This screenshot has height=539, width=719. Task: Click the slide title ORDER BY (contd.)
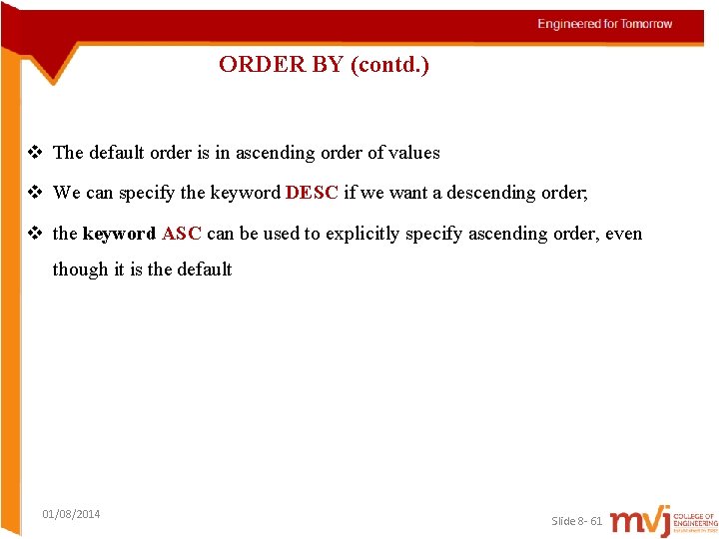(x=324, y=66)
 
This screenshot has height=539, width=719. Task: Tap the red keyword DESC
(x=312, y=193)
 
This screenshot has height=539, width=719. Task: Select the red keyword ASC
(x=182, y=234)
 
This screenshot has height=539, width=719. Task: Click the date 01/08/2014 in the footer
(x=71, y=514)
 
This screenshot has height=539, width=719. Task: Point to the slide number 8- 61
(x=584, y=521)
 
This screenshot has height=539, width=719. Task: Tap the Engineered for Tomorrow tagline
(x=605, y=24)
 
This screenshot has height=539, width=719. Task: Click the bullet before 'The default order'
(x=35, y=153)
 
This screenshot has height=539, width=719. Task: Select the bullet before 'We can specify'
(x=35, y=193)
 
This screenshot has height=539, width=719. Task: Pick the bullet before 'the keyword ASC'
(x=35, y=234)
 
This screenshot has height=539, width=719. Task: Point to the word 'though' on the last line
(x=80, y=269)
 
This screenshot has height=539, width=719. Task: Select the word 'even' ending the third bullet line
(x=624, y=234)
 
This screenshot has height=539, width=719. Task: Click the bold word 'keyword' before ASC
(x=119, y=234)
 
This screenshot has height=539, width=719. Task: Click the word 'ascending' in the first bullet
(x=276, y=153)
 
